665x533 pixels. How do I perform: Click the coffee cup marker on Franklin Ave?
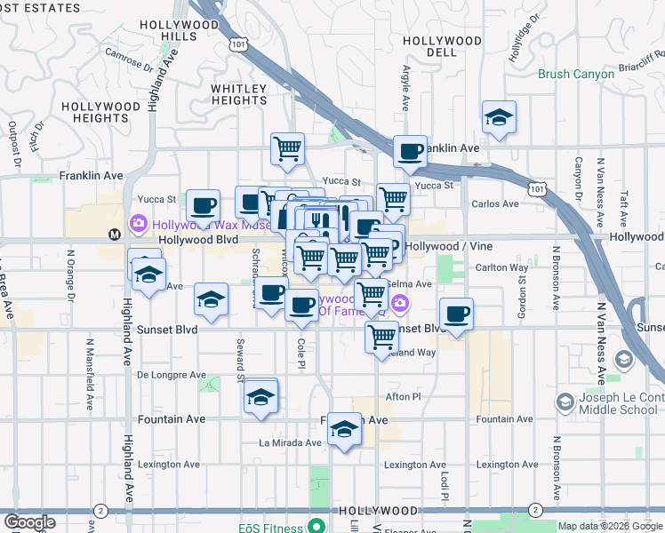point(410,152)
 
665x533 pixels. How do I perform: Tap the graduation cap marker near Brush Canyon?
point(499,118)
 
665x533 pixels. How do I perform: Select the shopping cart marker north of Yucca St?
point(287,149)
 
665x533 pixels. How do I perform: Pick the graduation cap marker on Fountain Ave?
point(344,431)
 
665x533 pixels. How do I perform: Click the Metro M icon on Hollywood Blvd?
point(114,235)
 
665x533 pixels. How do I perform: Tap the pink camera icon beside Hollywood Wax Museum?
point(139,223)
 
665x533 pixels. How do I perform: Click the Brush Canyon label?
point(575,74)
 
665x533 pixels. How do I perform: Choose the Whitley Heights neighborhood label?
point(238,94)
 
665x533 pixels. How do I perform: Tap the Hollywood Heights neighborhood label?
point(101,112)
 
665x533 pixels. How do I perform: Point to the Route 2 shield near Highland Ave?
point(100,510)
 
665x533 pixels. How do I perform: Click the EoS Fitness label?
point(270,528)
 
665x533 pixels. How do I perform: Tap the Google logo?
point(29,522)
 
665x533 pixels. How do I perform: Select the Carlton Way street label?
point(503,267)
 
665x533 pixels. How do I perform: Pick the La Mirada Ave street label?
point(290,442)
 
